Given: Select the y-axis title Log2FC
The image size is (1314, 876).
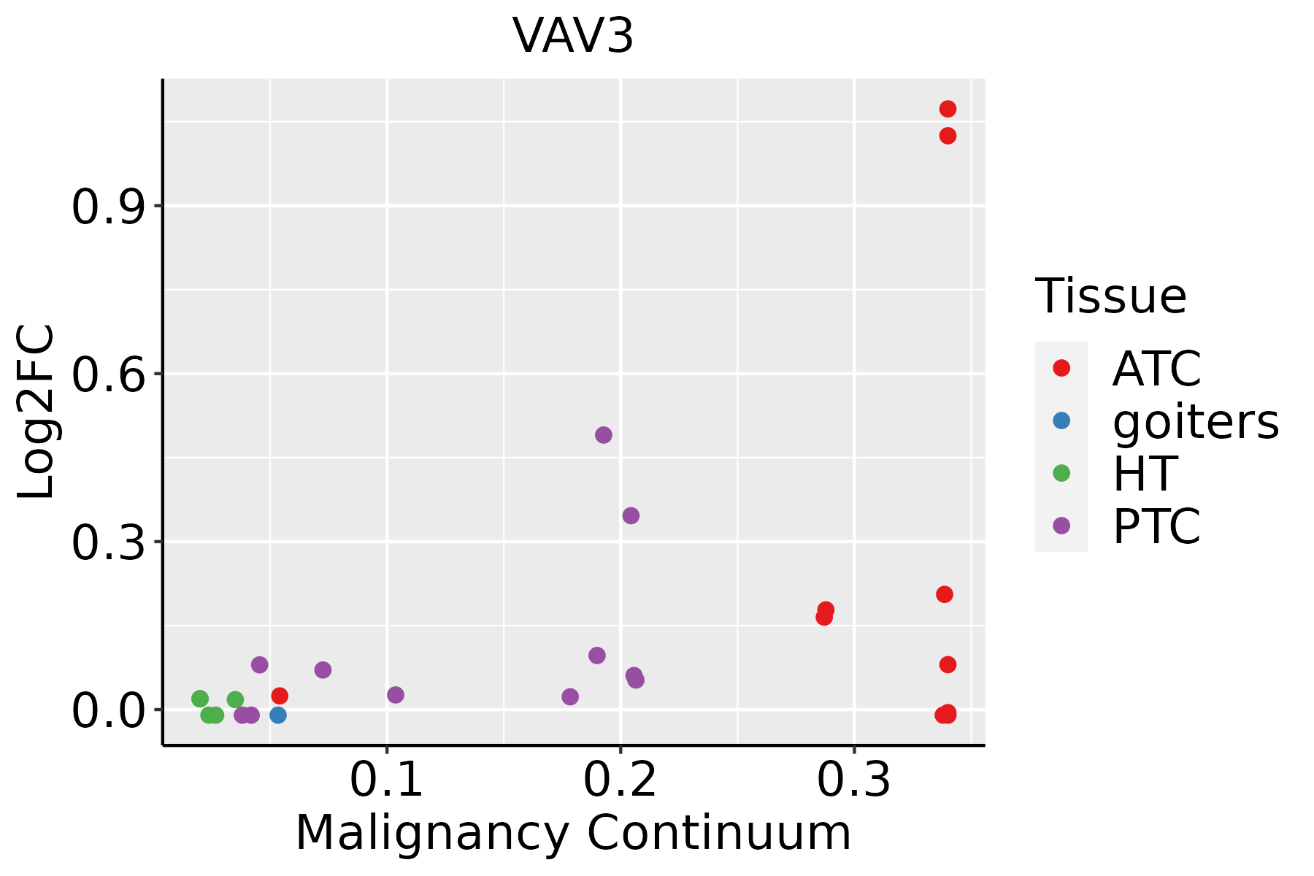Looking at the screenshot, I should [x=36, y=412].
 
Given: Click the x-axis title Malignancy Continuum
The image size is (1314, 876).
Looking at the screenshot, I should [x=573, y=834].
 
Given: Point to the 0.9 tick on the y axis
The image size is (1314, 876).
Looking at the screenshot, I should [x=107, y=207].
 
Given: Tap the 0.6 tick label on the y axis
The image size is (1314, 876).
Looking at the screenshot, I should [x=107, y=374].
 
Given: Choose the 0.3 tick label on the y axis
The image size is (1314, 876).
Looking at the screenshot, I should [x=107, y=542].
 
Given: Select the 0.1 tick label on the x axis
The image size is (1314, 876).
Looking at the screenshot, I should [x=387, y=780].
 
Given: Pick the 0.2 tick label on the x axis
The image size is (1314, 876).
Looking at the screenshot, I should [x=620, y=780].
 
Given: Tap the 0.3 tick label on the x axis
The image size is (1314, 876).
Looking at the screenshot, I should [x=854, y=780].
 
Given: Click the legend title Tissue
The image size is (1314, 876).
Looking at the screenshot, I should [x=1111, y=296].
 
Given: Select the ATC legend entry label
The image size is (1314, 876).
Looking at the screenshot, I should [x=1156, y=369].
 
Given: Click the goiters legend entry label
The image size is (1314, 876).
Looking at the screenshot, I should [x=1195, y=421].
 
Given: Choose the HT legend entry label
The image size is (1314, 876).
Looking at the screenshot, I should [x=1145, y=474].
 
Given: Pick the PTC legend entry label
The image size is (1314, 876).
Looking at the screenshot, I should [x=1156, y=526].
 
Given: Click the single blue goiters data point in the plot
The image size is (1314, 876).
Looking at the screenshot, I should [x=278, y=715].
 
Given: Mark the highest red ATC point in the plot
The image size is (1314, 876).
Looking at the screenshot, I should [x=948, y=109].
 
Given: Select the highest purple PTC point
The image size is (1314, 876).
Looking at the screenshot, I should [x=604, y=435].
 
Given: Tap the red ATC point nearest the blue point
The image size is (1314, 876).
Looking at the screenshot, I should [x=280, y=696].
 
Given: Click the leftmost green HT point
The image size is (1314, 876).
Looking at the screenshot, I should [x=200, y=699].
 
